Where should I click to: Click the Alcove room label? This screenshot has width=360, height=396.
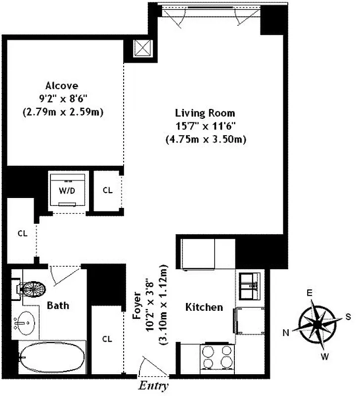coord(62,85)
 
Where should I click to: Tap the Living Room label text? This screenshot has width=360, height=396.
coord(205,113)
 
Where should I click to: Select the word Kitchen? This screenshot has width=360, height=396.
coord(204,307)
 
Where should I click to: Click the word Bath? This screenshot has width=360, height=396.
coord(58,305)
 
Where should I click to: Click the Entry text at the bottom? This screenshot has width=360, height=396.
coord(153,386)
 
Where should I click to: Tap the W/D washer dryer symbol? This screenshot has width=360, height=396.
coord(69,190)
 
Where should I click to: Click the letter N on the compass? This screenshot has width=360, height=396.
coord(285,333)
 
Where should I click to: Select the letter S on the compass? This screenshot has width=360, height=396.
coord(348,316)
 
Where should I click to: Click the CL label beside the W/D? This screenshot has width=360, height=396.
coord(107,190)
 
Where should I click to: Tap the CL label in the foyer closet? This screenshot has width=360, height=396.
coord(107,339)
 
